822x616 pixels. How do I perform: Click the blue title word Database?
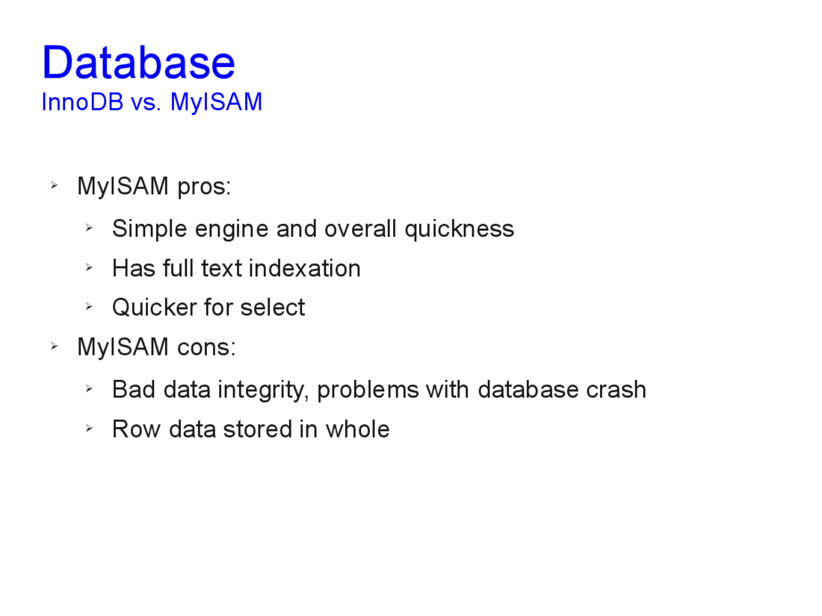(138, 62)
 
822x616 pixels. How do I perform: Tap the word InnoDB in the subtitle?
(82, 102)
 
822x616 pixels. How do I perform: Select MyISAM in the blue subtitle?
(217, 103)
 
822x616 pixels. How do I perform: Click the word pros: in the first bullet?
(204, 187)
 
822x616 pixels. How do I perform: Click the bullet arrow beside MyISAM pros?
(54, 185)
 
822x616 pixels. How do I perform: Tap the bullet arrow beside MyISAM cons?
(54, 346)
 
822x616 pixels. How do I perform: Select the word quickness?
(460, 229)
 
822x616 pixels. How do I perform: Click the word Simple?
(149, 229)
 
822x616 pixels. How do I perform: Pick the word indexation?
(305, 268)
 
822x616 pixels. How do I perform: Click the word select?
(272, 308)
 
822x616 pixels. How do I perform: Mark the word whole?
(357, 429)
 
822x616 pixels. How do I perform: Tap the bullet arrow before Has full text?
(89, 267)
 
